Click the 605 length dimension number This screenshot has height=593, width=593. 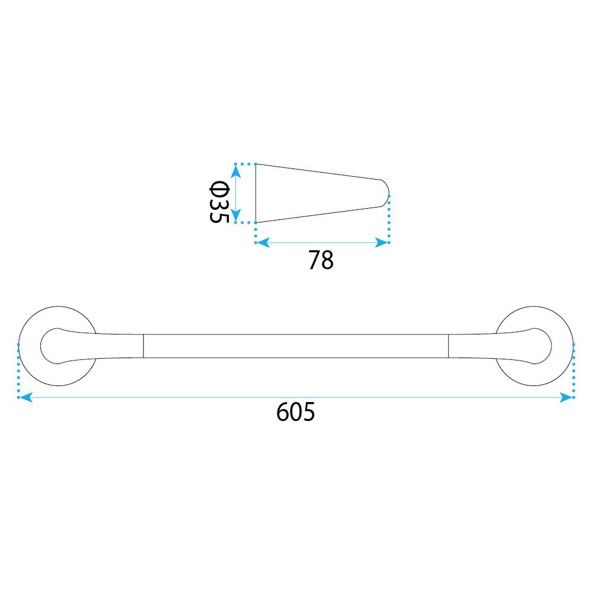[x=295, y=412]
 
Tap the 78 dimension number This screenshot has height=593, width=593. [x=321, y=260]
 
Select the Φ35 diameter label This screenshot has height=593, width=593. [x=219, y=202]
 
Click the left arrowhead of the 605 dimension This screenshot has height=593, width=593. [x=25, y=397]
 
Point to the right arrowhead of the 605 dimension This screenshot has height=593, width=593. [x=566, y=397]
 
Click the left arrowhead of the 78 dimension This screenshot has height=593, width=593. [x=263, y=243]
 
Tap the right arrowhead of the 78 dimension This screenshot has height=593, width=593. [x=381, y=243]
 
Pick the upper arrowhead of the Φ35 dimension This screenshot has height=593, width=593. [x=235, y=172]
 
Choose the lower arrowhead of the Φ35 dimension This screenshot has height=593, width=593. [x=235, y=215]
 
